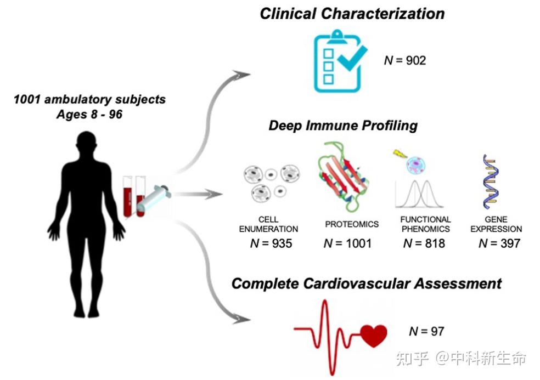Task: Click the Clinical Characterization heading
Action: [352, 14]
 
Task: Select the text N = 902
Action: [404, 60]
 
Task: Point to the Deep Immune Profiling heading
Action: [343, 126]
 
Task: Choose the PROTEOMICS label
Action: [352, 224]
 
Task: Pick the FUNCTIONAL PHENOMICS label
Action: [425, 224]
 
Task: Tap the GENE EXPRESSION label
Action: [496, 224]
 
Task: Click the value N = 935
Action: [271, 243]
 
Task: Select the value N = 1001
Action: [347, 243]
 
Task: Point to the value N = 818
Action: [424, 243]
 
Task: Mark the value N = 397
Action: [499, 243]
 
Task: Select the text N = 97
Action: [426, 331]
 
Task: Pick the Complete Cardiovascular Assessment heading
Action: [366, 283]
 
